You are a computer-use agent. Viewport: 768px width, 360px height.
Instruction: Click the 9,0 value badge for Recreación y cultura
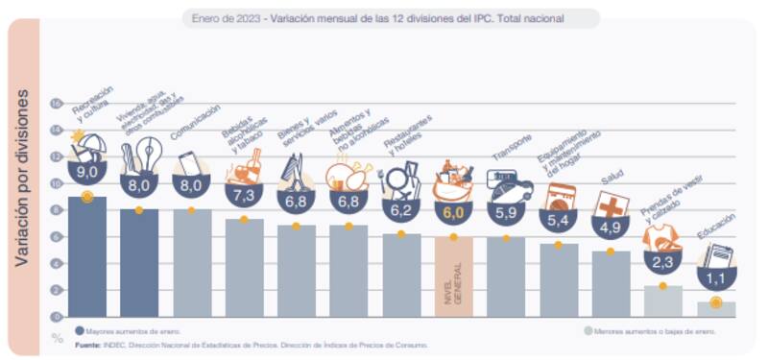[x=86, y=172]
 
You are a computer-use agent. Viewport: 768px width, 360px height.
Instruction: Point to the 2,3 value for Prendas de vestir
[x=662, y=260]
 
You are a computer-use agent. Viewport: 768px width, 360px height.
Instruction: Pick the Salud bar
[x=611, y=283]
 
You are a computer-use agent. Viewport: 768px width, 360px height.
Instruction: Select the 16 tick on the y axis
[x=56, y=104]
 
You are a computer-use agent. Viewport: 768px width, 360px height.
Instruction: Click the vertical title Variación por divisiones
[x=23, y=178]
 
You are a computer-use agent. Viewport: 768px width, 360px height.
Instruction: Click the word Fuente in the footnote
[x=89, y=344]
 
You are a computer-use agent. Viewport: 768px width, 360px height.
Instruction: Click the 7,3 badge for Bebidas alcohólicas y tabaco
[x=244, y=195]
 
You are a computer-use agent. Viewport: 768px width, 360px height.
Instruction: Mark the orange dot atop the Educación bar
[x=715, y=302]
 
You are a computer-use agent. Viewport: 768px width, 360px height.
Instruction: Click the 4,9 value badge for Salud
[x=611, y=228]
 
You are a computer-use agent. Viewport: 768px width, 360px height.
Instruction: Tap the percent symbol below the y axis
[x=57, y=336]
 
